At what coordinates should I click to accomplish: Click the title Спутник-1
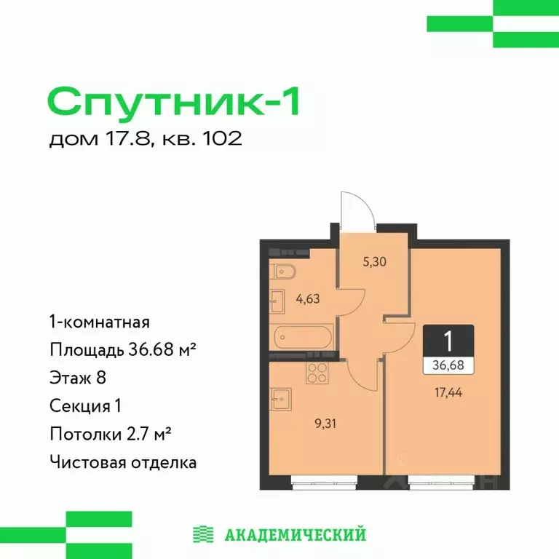174,101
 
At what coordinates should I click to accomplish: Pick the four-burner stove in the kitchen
316,373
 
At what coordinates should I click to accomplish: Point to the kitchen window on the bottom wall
323,479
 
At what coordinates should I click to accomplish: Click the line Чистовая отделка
123,462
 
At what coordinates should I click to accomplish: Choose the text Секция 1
86,405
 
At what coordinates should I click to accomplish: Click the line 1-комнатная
100,322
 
